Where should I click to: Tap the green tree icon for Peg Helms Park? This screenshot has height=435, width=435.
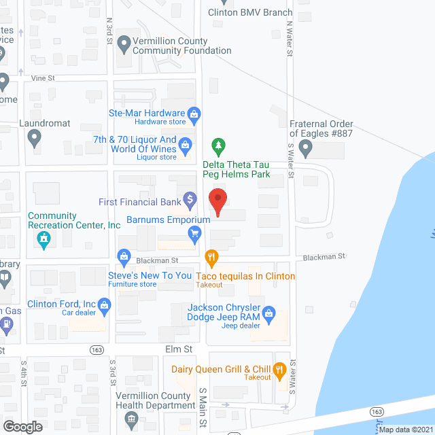coord(218,145)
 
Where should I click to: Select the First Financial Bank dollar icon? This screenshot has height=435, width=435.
coord(191,201)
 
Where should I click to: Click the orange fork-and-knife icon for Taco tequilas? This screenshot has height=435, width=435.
coord(211,257)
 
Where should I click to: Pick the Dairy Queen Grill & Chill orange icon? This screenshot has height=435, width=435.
coord(279,370)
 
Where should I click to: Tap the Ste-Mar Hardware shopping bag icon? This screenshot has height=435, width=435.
coord(194,114)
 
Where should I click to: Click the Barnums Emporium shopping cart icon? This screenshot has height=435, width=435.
coord(195,234)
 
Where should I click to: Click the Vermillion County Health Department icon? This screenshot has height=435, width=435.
coord(132,417)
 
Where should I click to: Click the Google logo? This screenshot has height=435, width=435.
coord(22,426)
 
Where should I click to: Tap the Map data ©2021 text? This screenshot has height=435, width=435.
coord(406,430)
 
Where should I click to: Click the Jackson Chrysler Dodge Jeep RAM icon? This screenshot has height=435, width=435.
coord(268,313)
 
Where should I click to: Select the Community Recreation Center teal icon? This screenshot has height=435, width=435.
coord(44,239)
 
